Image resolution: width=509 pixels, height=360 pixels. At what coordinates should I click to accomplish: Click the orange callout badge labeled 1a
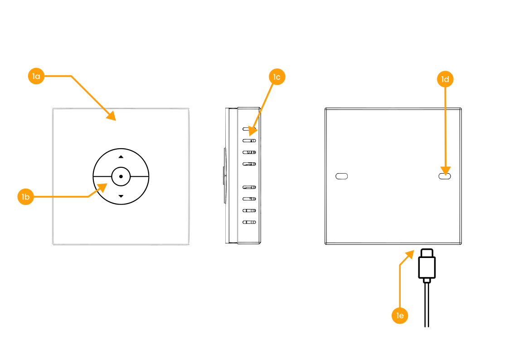tap(36, 76)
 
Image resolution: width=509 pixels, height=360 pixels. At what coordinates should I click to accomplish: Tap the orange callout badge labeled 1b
tap(26, 197)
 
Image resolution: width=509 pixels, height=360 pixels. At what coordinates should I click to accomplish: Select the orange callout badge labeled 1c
tap(277, 77)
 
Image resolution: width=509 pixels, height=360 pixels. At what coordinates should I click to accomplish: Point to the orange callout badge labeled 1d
tap(445, 79)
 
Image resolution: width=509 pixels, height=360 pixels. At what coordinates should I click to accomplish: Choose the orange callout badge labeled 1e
tap(400, 316)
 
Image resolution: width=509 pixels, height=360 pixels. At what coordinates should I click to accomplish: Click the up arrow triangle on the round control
tap(121, 157)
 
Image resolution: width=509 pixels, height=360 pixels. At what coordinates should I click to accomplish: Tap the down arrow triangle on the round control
tap(121, 196)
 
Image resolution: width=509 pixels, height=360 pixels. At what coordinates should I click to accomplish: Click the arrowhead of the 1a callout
tap(111, 116)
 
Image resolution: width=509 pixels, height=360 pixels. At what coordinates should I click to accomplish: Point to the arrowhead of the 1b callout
tap(102, 187)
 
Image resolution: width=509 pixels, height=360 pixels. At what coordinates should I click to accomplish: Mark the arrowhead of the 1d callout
tap(446, 171)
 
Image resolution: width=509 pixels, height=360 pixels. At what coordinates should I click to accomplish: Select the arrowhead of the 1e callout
tap(410, 254)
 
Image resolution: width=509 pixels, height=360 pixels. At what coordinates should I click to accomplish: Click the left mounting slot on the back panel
tap(341, 176)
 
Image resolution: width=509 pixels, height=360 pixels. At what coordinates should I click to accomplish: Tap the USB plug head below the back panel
tap(427, 263)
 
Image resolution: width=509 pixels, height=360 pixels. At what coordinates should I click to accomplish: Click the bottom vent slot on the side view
tap(249, 222)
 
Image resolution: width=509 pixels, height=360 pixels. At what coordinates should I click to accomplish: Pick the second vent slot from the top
tap(249, 141)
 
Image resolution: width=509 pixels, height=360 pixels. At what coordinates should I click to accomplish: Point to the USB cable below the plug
tap(427, 305)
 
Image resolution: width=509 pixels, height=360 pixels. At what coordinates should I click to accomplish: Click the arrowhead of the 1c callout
tap(253, 131)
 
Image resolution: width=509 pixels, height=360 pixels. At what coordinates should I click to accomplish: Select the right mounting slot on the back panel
tap(445, 176)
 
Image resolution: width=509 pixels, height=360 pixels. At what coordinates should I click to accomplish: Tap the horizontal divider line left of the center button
tap(102, 176)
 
